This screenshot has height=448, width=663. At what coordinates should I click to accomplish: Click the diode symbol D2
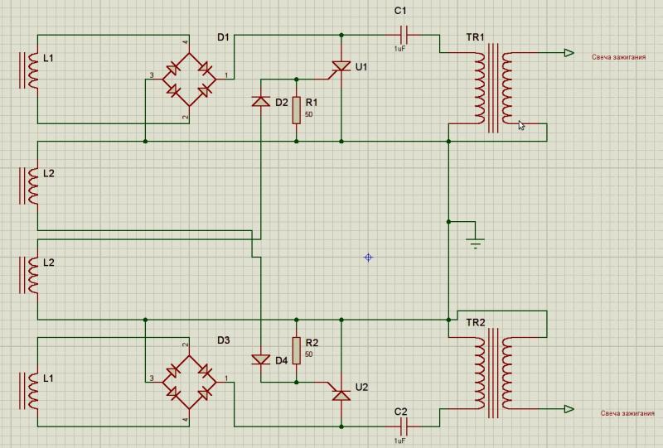(x=260, y=103)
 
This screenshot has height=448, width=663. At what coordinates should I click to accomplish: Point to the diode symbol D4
(x=260, y=359)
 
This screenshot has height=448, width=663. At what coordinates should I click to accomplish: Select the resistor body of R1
(x=296, y=110)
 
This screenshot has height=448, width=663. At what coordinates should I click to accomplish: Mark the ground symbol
(x=475, y=241)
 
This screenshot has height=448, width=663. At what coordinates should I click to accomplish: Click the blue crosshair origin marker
(x=369, y=258)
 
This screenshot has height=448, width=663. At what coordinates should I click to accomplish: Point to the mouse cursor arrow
(x=522, y=126)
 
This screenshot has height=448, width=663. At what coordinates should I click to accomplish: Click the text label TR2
(x=475, y=321)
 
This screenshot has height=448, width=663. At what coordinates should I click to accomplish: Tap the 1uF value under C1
(x=399, y=49)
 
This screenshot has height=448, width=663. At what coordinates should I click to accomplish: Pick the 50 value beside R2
(x=308, y=354)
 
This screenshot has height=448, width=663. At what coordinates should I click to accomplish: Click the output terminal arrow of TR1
(x=569, y=53)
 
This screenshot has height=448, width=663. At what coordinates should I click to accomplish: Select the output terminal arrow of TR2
(x=569, y=409)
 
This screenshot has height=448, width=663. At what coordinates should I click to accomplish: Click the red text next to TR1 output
(x=618, y=58)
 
